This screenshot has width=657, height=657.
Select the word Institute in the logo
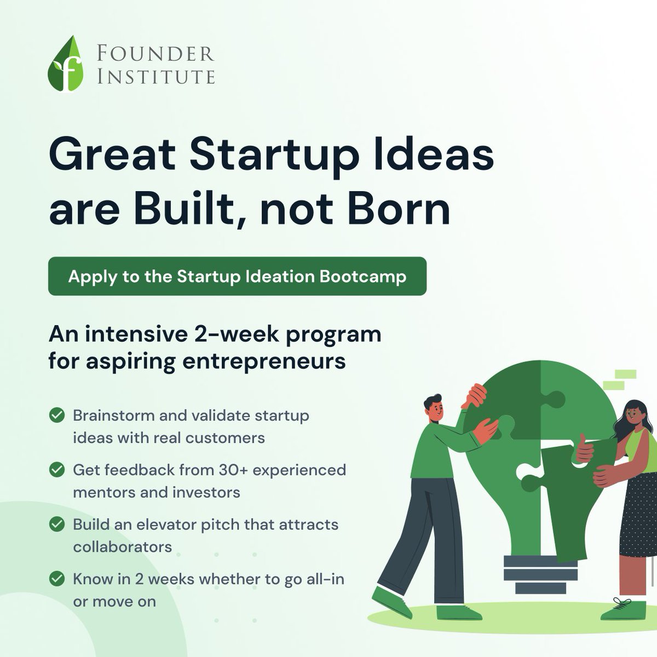pos(155,76)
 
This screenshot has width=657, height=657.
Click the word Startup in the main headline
pos(270,155)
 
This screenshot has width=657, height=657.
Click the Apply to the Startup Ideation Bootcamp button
pos(237,276)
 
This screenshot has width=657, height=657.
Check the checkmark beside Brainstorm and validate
pos(55,415)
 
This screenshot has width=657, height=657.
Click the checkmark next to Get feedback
pos(55,470)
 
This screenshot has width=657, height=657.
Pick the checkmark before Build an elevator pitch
pos(55,525)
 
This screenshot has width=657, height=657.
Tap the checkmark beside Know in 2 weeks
pos(55,578)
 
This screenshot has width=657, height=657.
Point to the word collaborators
pos(122,546)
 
